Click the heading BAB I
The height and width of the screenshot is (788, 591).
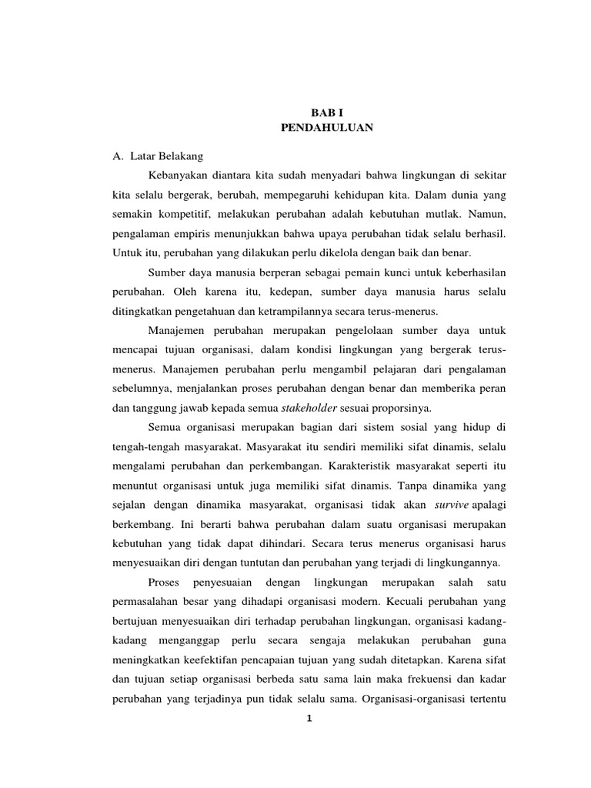pyautogui.click(x=327, y=112)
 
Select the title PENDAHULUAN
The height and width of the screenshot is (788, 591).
pyautogui.click(x=327, y=128)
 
